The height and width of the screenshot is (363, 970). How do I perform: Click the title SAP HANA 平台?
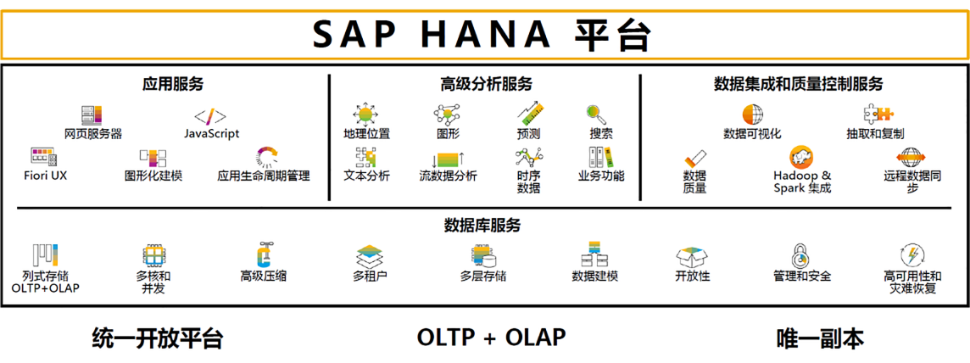(482, 36)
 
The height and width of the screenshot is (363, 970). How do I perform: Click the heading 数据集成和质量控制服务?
(798, 84)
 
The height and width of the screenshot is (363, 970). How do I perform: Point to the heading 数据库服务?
(482, 225)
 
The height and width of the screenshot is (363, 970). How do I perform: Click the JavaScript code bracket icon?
(210, 116)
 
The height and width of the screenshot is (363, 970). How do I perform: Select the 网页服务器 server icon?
(92, 115)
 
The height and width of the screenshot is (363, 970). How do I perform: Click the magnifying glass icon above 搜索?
(597, 115)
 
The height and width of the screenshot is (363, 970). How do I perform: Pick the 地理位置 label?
(367, 133)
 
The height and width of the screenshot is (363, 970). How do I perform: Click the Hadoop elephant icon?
(801, 159)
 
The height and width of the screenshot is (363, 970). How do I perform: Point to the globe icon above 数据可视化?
(753, 115)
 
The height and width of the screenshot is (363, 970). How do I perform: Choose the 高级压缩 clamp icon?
(263, 254)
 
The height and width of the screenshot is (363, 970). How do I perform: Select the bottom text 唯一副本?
(820, 338)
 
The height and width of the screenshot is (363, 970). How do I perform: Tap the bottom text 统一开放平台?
(157, 338)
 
